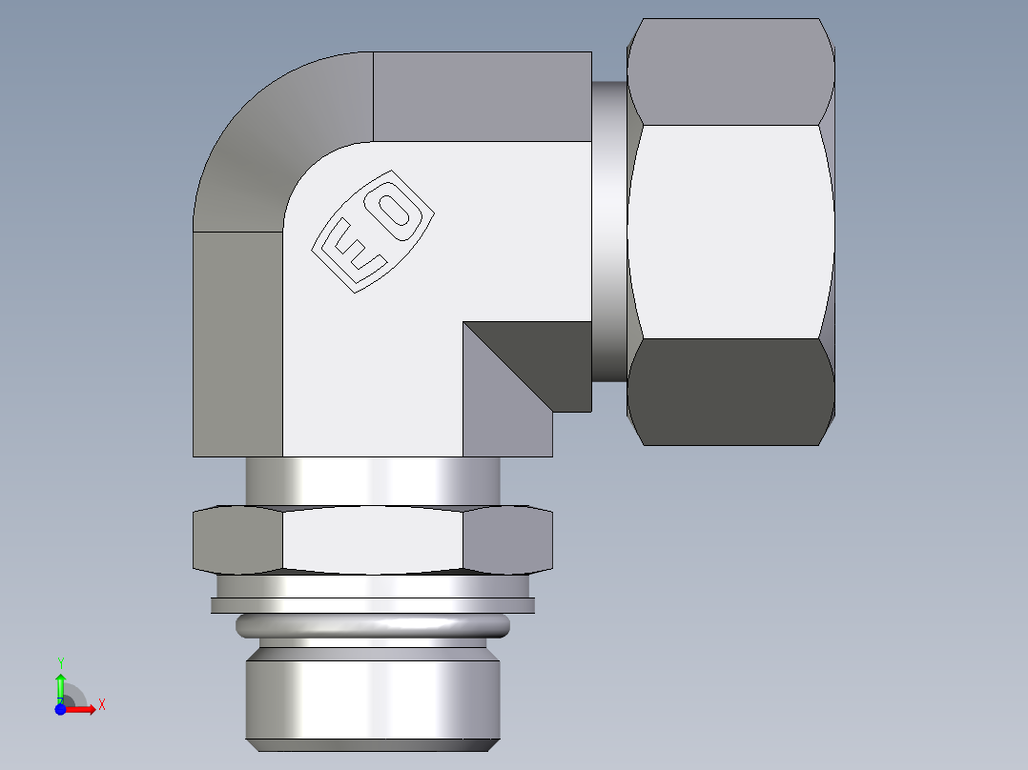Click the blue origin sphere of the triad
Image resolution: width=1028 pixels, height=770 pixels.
[60, 709]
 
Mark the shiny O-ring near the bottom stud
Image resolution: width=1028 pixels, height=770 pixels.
[372, 625]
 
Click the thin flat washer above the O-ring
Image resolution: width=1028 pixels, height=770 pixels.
[372, 604]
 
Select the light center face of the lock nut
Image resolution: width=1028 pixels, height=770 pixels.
[372, 539]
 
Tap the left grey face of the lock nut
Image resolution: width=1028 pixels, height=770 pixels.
[238, 539]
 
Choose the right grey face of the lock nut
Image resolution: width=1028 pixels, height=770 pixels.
[507, 539]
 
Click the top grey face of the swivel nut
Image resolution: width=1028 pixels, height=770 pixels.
[730, 71]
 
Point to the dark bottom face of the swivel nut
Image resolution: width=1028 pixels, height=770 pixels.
[730, 391]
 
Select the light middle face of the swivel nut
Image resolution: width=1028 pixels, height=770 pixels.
[730, 231]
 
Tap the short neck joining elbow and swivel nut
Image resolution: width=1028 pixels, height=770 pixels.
[609, 229]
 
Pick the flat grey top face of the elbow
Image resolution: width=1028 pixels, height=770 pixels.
[482, 95]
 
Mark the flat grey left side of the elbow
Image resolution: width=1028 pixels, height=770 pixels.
[237, 343]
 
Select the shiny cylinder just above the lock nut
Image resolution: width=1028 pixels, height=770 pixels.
[372, 480]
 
